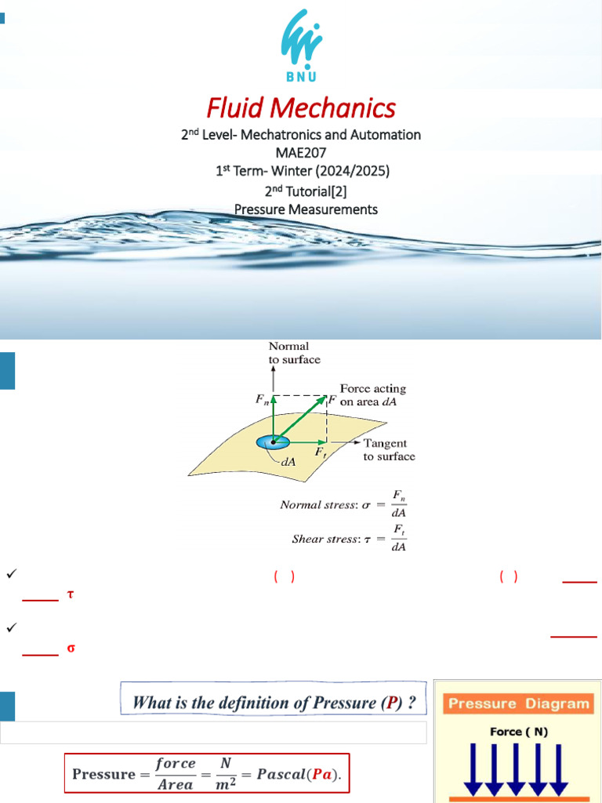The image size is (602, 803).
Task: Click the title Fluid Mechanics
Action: click(x=301, y=107)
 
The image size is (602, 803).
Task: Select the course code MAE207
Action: click(x=300, y=153)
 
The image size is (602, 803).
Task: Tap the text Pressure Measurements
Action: click(x=306, y=209)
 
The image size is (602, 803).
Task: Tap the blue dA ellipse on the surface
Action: click(x=273, y=442)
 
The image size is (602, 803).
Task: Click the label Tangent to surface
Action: click(x=389, y=449)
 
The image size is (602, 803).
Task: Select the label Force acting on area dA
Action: click(x=372, y=394)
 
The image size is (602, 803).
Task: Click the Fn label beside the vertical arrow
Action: click(x=261, y=398)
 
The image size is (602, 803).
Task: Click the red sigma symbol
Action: click(x=71, y=648)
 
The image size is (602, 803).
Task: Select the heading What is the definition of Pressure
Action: click(x=274, y=702)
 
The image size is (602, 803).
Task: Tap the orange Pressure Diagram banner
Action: click(x=519, y=703)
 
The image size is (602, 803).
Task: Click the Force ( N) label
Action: click(x=519, y=732)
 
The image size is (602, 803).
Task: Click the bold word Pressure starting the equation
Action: click(x=103, y=774)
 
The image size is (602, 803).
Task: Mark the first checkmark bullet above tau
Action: click(x=11, y=576)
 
